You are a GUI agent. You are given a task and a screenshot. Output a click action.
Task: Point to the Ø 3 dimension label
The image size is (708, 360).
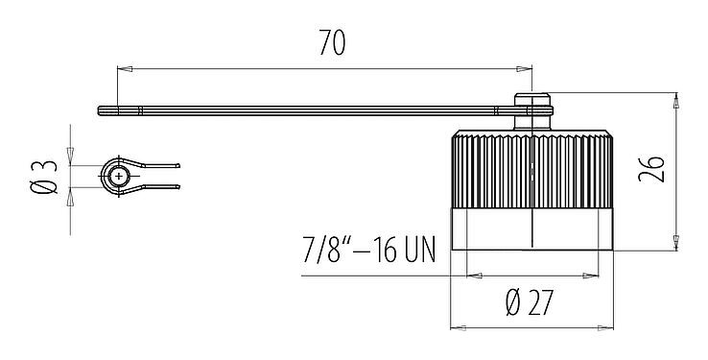pos(42,176)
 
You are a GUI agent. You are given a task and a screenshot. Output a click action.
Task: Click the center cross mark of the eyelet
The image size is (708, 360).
pos(117,176)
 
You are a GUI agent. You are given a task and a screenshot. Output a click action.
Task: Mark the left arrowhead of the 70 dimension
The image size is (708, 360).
pos(122,68)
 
